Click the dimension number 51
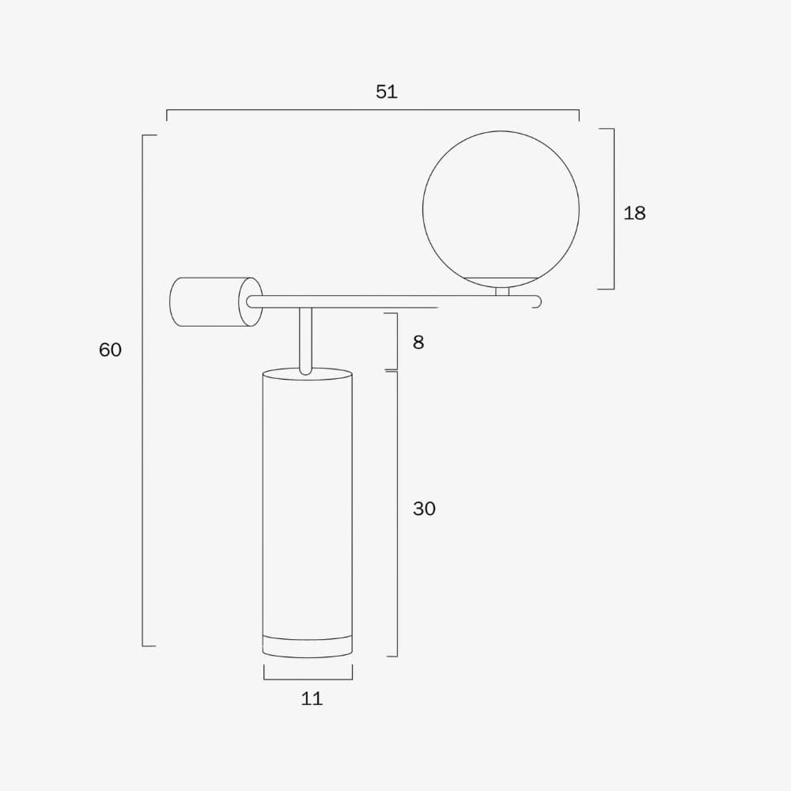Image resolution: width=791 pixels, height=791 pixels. (386, 92)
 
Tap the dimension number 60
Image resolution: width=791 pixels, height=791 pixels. (110, 350)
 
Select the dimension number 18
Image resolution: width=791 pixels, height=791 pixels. (634, 213)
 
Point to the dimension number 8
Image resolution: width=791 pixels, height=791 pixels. (418, 343)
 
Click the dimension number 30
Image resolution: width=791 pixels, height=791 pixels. (424, 509)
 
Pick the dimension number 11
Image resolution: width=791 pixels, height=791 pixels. (312, 698)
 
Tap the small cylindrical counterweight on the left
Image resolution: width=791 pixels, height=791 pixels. (207, 301)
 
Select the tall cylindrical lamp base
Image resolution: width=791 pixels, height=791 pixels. (308, 506)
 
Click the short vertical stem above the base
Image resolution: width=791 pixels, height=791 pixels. (305, 340)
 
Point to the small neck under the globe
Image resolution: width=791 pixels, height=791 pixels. (501, 290)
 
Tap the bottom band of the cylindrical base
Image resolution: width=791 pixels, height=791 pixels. (308, 646)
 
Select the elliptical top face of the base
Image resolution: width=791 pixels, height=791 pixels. (308, 374)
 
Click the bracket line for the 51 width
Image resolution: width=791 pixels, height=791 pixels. (372, 110)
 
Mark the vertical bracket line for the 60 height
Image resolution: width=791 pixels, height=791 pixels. (143, 395)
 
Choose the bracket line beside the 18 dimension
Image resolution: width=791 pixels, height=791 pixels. (614, 210)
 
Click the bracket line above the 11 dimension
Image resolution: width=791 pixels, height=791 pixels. (308, 679)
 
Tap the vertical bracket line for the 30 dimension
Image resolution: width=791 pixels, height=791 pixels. (397, 514)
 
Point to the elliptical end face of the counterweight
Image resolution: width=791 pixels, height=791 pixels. (251, 301)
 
